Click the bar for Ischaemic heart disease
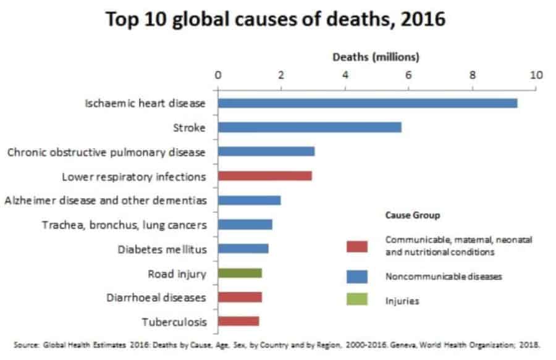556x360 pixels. (x=368, y=103)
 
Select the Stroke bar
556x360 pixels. (x=310, y=128)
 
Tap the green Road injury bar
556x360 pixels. (x=240, y=273)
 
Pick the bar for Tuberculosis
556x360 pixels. (x=238, y=321)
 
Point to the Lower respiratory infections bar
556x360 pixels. (x=264, y=176)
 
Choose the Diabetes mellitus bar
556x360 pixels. (x=243, y=249)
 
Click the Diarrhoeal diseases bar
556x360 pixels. (x=240, y=297)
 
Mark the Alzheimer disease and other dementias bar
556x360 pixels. (x=249, y=200)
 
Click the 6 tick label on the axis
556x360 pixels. (x=408, y=75)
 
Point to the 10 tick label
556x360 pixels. (x=536, y=75)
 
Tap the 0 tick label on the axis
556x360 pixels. (x=217, y=75)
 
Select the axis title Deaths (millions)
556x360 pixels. (x=376, y=57)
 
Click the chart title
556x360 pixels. (x=276, y=19)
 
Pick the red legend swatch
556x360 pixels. (x=357, y=246)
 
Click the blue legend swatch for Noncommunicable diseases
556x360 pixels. (x=357, y=276)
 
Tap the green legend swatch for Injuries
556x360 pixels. (x=357, y=301)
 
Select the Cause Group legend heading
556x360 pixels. (x=412, y=216)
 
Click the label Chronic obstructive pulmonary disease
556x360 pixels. (x=106, y=152)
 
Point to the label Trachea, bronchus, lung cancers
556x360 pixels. (x=124, y=225)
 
